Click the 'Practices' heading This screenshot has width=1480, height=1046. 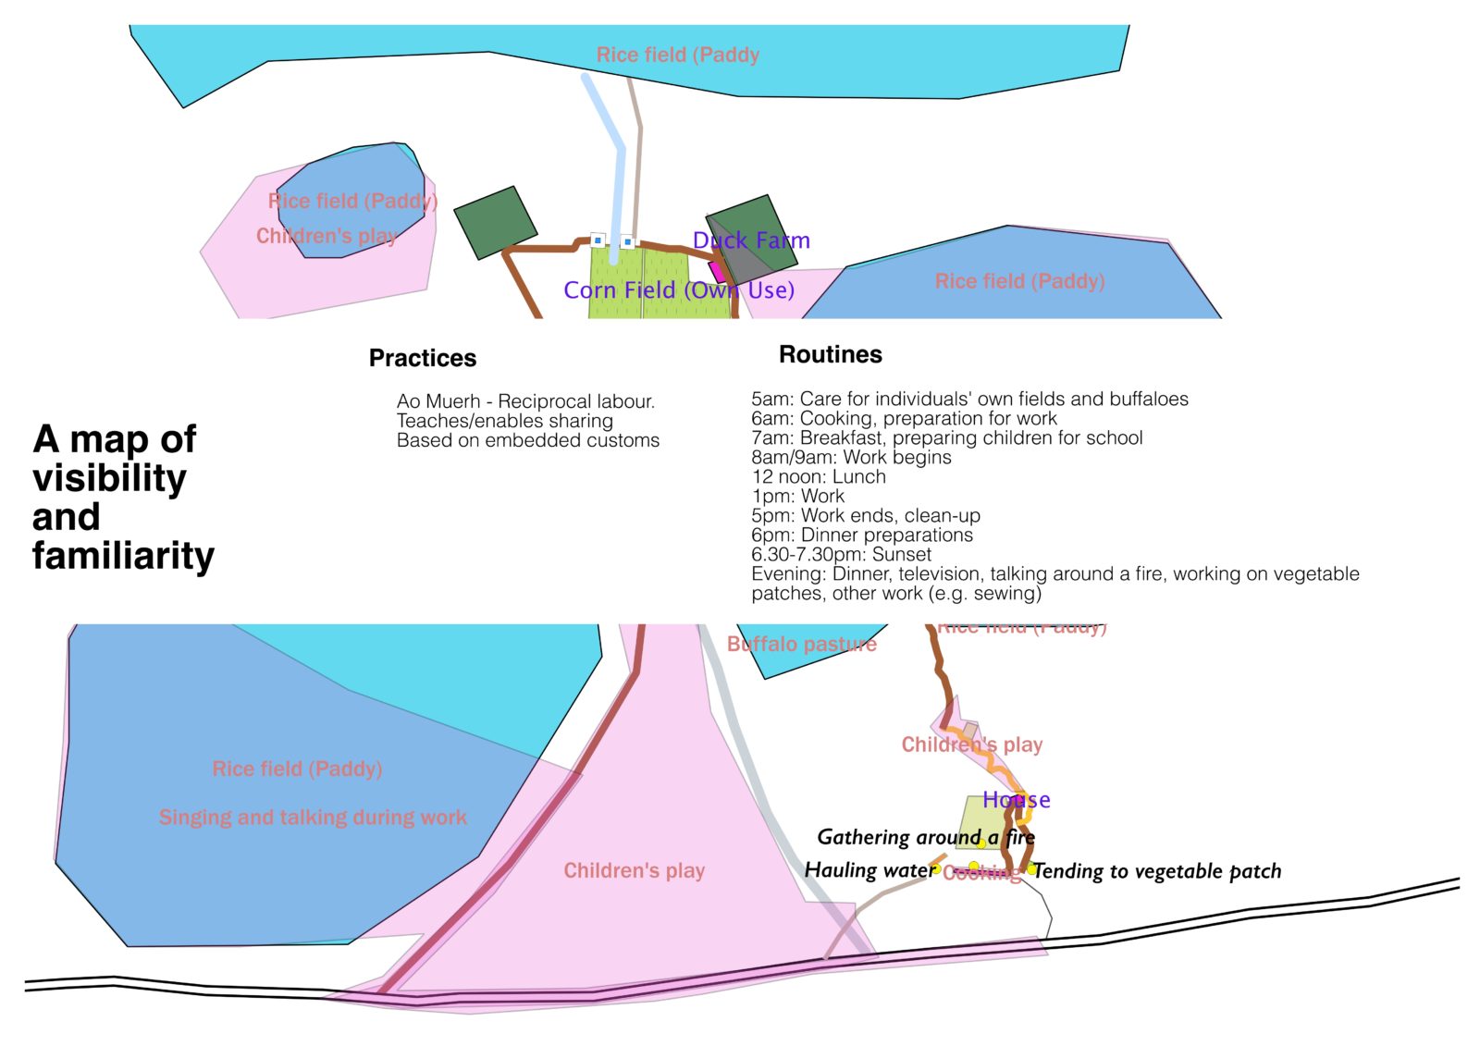423,358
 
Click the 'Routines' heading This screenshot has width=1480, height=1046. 830,354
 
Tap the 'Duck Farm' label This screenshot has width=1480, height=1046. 751,240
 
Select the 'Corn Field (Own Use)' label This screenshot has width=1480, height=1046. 679,290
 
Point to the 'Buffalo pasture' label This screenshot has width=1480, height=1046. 801,644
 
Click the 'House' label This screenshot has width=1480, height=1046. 1016,800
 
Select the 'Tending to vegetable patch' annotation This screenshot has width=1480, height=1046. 1157,871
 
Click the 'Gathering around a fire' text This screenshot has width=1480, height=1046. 925,837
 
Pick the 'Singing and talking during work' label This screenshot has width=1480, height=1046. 313,818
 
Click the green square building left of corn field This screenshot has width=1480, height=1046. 495,222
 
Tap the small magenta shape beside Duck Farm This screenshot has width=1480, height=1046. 717,272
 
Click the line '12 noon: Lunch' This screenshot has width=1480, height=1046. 819,477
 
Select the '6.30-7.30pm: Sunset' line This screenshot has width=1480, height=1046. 841,555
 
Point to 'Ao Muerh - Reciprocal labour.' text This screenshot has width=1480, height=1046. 525,401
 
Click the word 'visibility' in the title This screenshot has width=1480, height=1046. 109,478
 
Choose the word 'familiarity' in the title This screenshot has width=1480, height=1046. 123,556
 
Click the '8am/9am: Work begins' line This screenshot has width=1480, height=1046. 851,458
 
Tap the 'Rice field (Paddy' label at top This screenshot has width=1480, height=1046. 678,55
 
